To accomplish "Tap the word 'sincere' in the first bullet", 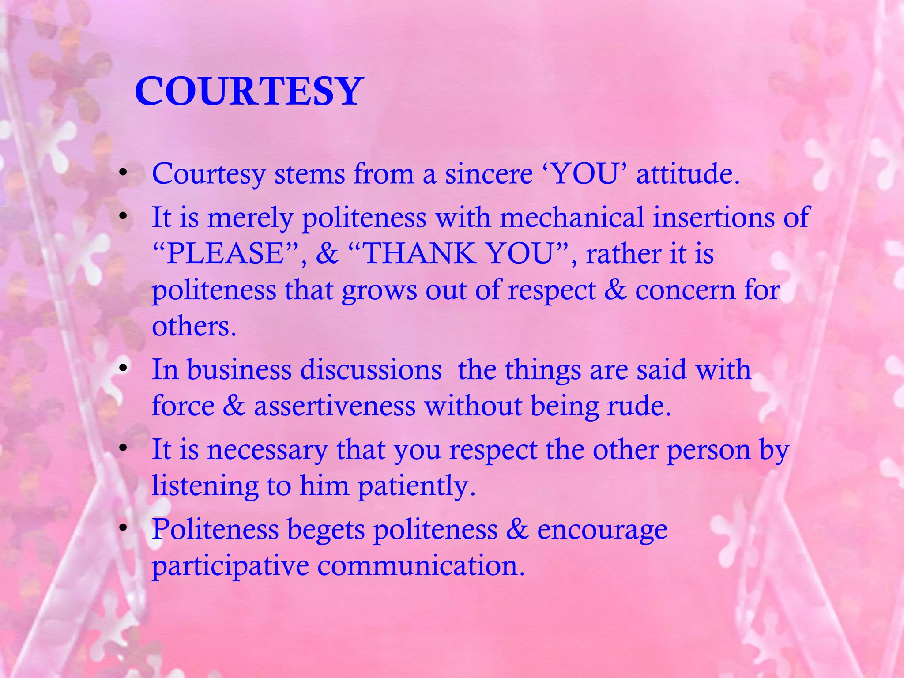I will pyautogui.click(x=489, y=174).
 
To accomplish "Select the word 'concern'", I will pyautogui.click(x=685, y=290).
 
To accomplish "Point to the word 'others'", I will pyautogui.click(x=194, y=327).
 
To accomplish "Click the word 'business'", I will pyautogui.click(x=239, y=369).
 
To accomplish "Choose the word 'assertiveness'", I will pyautogui.click(x=335, y=406).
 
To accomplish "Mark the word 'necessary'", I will pyautogui.click(x=267, y=450).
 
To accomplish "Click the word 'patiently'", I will pyautogui.click(x=416, y=486).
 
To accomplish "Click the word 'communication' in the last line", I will pyautogui.click(x=421, y=565).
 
